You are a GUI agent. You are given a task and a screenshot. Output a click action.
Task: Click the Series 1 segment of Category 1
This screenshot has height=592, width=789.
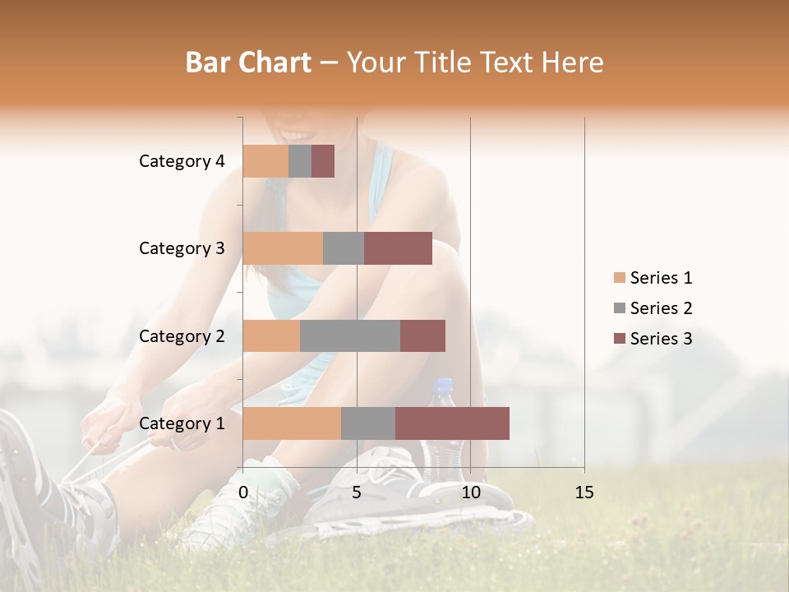click(x=292, y=423)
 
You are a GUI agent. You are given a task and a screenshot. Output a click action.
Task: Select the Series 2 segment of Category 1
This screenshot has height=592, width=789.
click(x=368, y=423)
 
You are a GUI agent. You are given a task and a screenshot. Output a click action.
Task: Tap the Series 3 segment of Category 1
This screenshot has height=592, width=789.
click(x=452, y=423)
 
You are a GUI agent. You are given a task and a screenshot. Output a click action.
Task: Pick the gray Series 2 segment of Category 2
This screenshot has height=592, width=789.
click(x=350, y=335)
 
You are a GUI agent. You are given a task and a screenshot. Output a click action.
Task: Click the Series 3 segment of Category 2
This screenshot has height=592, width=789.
click(x=422, y=335)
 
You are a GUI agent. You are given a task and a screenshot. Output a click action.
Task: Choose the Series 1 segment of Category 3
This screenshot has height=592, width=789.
click(x=283, y=248)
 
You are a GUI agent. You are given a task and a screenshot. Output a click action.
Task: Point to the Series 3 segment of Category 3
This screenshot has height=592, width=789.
click(x=398, y=248)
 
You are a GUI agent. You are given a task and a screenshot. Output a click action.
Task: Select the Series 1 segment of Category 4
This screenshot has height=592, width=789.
click(x=265, y=161)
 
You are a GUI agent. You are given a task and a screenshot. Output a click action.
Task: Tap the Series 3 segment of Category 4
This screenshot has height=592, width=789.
click(x=323, y=161)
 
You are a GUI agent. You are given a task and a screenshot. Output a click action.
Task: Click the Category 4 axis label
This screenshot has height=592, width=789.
click(x=182, y=161)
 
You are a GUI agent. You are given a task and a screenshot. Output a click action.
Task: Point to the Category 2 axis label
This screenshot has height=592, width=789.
click(x=182, y=335)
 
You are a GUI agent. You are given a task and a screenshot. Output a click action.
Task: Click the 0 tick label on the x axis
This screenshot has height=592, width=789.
click(x=243, y=493)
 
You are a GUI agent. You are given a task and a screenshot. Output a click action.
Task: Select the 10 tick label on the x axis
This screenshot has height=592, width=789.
click(x=470, y=493)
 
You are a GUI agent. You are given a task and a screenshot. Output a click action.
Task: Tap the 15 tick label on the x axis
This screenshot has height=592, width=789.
click(x=584, y=493)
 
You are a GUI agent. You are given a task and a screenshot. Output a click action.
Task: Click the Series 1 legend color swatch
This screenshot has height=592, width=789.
click(x=619, y=278)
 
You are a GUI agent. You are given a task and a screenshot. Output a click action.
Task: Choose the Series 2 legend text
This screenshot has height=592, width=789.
click(x=661, y=308)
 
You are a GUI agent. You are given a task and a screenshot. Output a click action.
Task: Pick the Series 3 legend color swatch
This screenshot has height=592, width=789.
click(x=619, y=339)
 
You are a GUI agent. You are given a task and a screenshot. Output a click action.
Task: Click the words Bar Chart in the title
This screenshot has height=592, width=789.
click(x=248, y=62)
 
